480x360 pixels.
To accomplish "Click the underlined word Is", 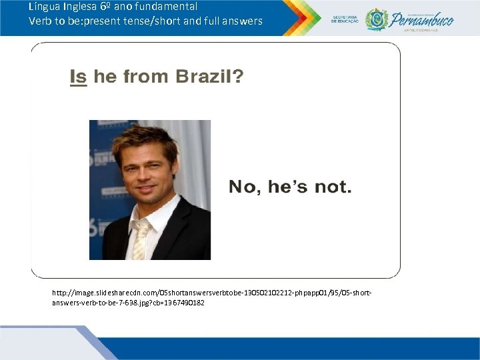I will coord(79,77).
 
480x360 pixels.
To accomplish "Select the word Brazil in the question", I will coord(200,77).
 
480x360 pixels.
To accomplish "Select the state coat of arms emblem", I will coord(377,19).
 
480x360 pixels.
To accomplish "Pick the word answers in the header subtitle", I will coord(243,21).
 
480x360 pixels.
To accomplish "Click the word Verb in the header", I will coord(40,21).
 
